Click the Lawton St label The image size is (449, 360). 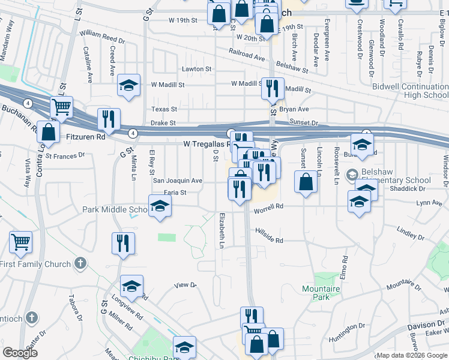point(197,69)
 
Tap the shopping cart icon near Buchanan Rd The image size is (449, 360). point(61,107)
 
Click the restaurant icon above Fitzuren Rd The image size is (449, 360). point(109,119)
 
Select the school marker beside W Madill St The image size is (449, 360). point(128,85)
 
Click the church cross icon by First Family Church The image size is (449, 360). point(80,263)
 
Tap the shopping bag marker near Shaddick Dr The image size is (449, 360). point(306,182)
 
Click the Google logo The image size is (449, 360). point(20,353)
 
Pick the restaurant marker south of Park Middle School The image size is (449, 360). point(123,244)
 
